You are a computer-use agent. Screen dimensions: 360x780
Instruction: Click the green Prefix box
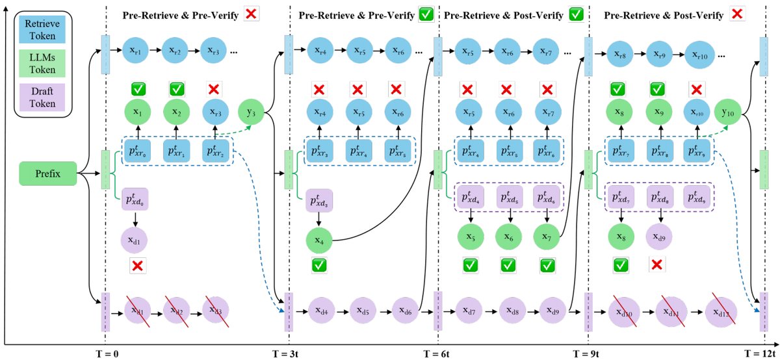49,174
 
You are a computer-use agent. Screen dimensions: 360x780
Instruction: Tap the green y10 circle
728,112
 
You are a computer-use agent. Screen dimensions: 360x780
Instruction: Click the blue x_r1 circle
136,49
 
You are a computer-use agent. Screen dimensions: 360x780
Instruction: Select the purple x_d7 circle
469,310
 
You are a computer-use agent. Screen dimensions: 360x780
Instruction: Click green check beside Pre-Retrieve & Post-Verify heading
576,14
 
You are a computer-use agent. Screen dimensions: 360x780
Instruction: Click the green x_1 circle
136,112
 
